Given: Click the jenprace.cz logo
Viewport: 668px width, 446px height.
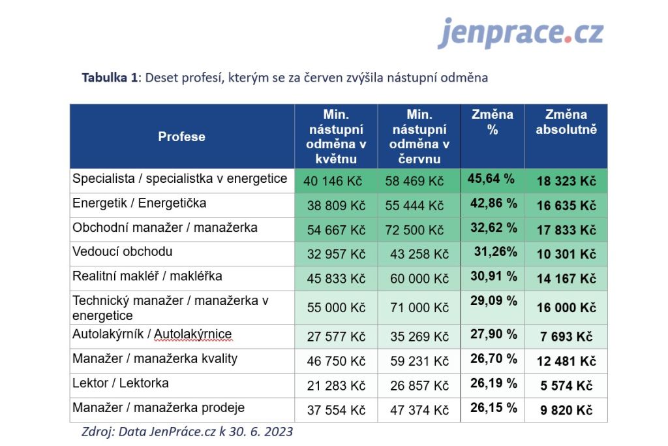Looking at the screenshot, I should (521, 33).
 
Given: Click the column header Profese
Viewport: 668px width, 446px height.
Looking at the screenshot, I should (181, 136).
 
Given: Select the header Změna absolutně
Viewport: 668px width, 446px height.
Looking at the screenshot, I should (566, 122).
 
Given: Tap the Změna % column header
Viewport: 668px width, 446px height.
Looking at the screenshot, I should (493, 122).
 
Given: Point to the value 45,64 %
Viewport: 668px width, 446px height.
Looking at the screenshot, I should (491, 178).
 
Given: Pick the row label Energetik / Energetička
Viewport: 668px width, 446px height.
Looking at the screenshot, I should (139, 203).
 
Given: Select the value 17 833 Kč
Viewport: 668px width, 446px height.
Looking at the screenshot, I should (566, 230).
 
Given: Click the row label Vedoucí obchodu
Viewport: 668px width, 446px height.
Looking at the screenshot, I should (123, 251).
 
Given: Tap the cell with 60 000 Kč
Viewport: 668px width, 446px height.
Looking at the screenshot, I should (419, 279).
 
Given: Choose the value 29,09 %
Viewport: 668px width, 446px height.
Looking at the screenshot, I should (493, 301).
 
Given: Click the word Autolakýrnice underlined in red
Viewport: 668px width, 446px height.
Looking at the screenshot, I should (193, 335).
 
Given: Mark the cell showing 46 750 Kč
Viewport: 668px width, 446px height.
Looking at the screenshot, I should (336, 361).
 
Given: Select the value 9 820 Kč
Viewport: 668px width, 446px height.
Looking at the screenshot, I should (566, 410).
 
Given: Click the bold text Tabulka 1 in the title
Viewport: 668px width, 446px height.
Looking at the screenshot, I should (110, 78).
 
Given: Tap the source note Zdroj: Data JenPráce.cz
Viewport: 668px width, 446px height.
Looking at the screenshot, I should (187, 432).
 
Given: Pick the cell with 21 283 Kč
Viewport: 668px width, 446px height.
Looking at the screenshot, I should (336, 385).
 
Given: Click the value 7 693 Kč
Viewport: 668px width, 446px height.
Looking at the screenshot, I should (566, 337).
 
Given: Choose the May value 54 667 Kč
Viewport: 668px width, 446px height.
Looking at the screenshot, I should (336, 230).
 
